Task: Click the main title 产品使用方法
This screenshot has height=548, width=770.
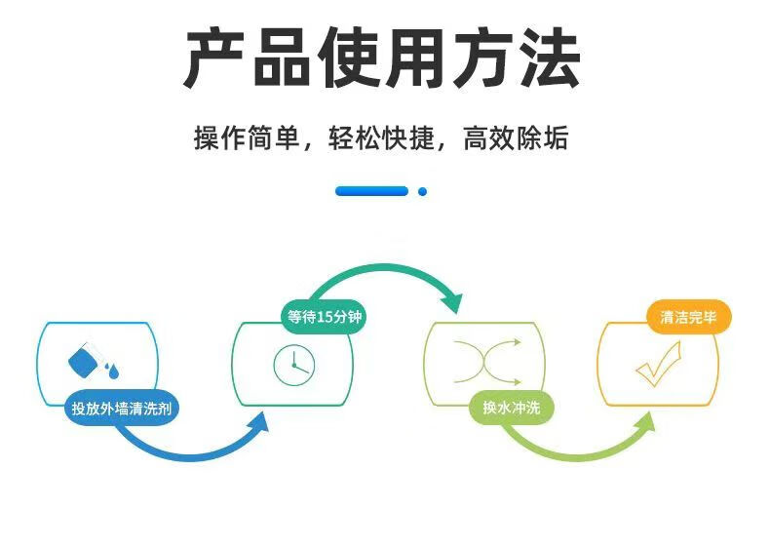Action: (382, 58)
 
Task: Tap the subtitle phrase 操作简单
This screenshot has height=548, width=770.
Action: (247, 137)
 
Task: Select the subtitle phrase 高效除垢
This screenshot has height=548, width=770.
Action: (516, 137)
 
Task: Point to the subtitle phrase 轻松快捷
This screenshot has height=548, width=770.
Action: (381, 137)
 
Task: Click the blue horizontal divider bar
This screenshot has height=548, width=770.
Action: (371, 191)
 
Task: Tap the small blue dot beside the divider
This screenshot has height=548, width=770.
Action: (422, 192)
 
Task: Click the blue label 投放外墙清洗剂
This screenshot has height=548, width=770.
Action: (121, 408)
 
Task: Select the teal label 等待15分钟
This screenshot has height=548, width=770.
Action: (325, 317)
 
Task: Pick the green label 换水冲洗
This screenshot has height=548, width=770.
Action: (511, 408)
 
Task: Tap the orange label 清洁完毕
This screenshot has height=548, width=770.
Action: (688, 317)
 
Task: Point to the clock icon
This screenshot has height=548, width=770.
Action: (293, 365)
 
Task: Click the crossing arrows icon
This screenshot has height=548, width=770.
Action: (487, 362)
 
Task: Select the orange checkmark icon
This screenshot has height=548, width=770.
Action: (658, 364)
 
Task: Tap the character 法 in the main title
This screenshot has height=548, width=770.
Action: (551, 58)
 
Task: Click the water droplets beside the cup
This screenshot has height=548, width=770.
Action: (111, 371)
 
